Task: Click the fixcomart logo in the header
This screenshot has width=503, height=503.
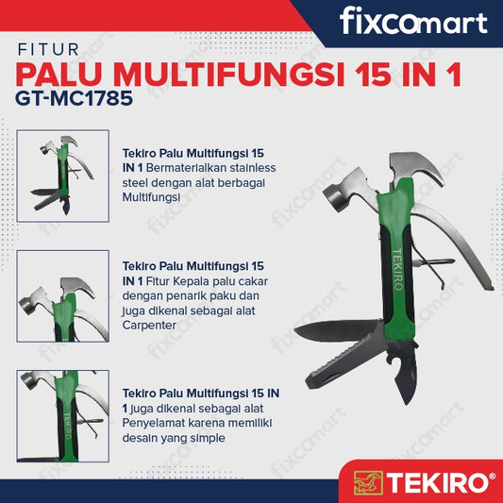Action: [413, 21]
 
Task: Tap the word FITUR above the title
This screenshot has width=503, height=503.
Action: [48, 50]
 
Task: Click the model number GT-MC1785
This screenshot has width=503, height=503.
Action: [74, 98]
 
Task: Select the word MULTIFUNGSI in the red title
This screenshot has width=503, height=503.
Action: [228, 75]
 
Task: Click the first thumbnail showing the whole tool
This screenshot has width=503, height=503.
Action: [63, 176]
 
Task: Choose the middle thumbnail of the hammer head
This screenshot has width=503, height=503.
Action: [63, 296]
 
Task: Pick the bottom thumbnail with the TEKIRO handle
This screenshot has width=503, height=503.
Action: [63, 416]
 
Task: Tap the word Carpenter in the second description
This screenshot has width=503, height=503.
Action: [149, 326]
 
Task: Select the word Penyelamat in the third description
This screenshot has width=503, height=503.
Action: [153, 423]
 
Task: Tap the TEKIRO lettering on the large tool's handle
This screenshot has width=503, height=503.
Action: [397, 270]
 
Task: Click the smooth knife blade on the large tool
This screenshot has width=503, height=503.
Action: [339, 330]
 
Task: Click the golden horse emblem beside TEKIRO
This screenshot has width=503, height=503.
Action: [368, 482]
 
